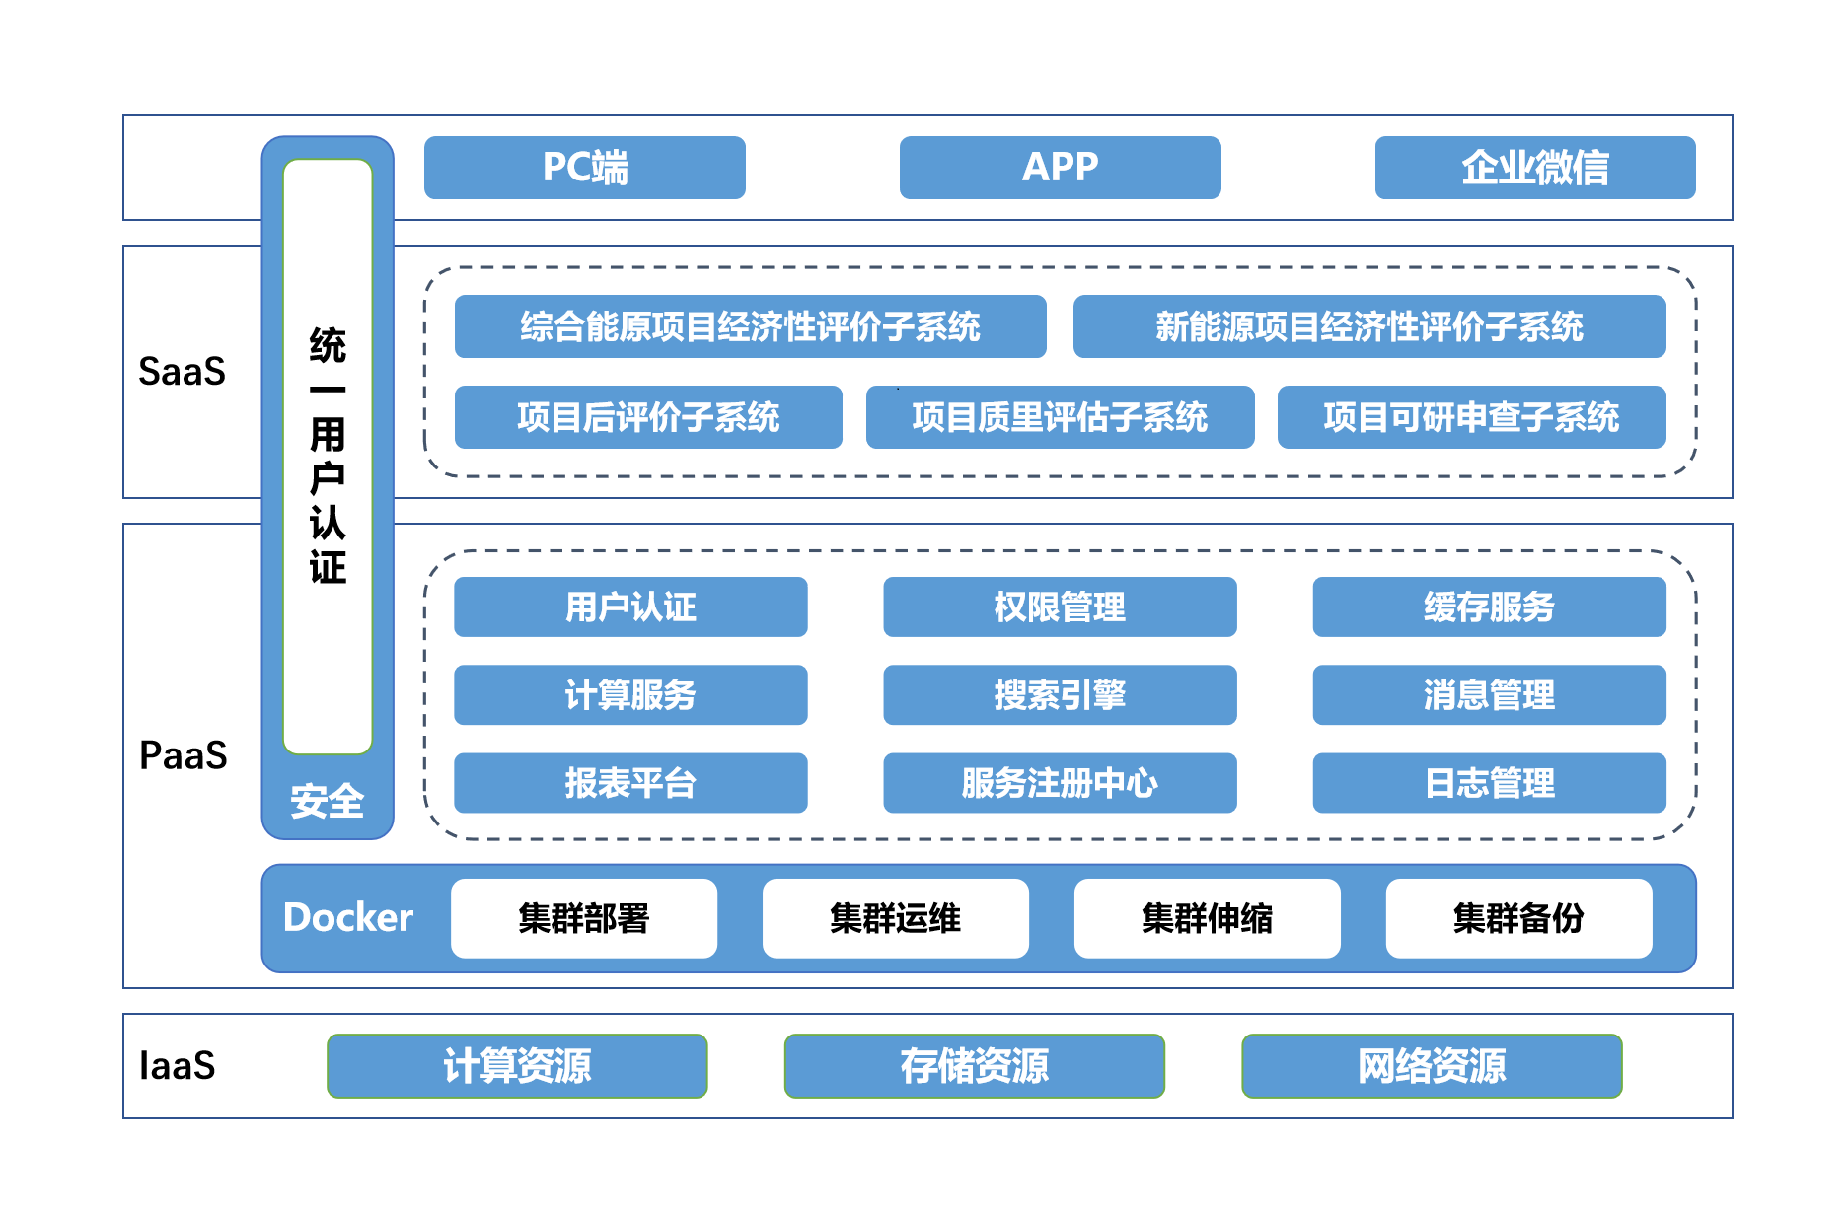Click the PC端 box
pyautogui.click(x=584, y=168)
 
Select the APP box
pyautogui.click(x=1060, y=168)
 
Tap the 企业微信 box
pyautogui.click(x=1534, y=168)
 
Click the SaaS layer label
pyautogui.click(x=183, y=372)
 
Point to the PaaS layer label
pyautogui.click(x=184, y=755)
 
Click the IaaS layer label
pyautogui.click(x=178, y=1066)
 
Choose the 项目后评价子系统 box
pyautogui.click(x=648, y=417)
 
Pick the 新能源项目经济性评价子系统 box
pyautogui.click(x=1368, y=326)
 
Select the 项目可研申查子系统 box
pyautogui.click(x=1471, y=417)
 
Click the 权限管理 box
pyautogui.click(x=1060, y=607)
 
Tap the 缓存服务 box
pyautogui.click(x=1489, y=607)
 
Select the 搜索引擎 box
pyautogui.click(x=1060, y=695)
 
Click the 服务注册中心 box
pyautogui.click(x=1060, y=783)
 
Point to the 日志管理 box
pyautogui.click(x=1489, y=783)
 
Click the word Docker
pyautogui.click(x=347, y=918)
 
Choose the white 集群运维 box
pyautogui.click(x=895, y=918)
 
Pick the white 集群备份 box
pyautogui.click(x=1518, y=918)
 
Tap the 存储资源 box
pyautogui.click(x=974, y=1066)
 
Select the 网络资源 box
pyautogui.click(x=1432, y=1066)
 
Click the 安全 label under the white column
pyautogui.click(x=328, y=801)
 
